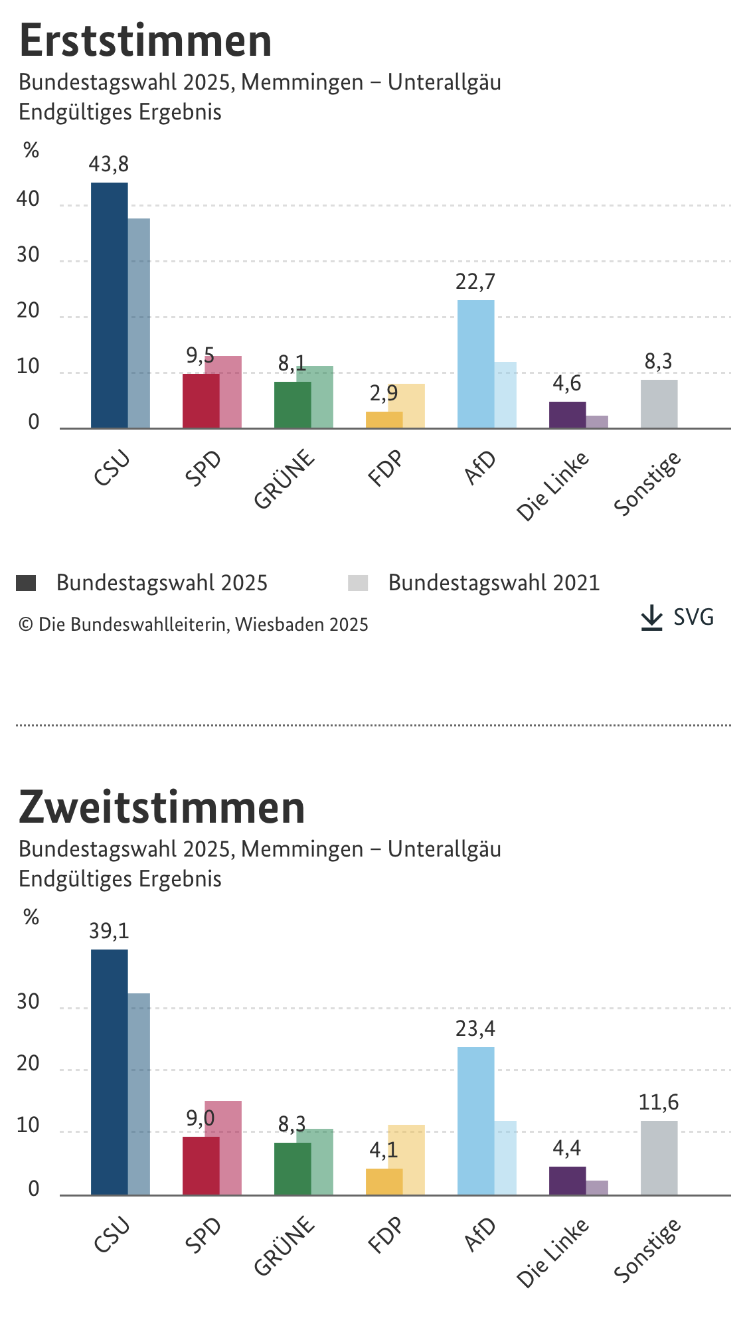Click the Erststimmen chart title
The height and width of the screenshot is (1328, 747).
(145, 41)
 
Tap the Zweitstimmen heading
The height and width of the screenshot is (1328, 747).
(162, 807)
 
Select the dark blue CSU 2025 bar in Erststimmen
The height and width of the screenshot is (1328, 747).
(110, 305)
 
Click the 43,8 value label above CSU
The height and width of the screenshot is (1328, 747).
(109, 164)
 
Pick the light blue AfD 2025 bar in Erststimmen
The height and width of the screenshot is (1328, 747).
(476, 364)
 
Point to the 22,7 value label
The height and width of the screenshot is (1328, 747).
(475, 282)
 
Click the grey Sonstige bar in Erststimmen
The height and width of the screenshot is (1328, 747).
(659, 404)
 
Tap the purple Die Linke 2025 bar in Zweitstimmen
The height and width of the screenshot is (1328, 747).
(568, 1181)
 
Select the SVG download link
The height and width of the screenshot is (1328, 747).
(677, 618)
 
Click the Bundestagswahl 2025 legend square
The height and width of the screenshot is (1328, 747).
(26, 583)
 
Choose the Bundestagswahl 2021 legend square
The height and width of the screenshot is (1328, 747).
(358, 583)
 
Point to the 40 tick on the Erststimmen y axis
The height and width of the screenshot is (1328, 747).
(29, 199)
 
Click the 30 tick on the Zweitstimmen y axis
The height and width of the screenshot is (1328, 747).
(29, 1002)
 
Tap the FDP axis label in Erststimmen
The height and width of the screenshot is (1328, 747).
(385, 467)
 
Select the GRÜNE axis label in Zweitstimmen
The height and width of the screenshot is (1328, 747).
(284, 1246)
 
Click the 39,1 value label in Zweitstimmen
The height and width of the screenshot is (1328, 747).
(109, 931)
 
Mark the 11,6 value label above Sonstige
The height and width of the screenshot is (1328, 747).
(659, 1102)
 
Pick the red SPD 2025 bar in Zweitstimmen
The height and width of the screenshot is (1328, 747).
(201, 1166)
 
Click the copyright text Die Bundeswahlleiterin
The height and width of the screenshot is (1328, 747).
(193, 625)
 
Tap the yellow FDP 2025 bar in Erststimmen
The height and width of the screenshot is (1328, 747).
(384, 420)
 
